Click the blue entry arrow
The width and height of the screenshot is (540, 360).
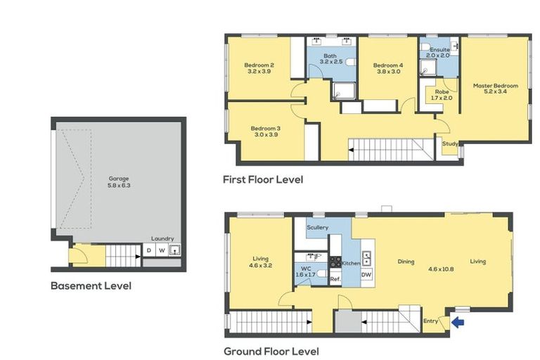458,323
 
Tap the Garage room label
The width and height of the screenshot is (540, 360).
119,179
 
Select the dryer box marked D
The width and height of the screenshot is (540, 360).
149,250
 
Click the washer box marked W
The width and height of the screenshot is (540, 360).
162,250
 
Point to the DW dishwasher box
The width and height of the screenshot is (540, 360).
366,274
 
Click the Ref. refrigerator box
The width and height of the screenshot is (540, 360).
335,279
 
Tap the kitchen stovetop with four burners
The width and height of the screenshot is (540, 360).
335,262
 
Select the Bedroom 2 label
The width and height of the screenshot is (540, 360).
259,65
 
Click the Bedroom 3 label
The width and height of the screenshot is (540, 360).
266,129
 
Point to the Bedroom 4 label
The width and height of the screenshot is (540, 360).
388,65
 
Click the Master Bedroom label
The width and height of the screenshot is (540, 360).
496,86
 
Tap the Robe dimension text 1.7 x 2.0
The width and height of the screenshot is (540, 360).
442,98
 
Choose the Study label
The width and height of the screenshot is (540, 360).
450,143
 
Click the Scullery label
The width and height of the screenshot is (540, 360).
318,227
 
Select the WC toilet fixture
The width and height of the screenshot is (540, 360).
321,274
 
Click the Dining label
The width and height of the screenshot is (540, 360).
406,262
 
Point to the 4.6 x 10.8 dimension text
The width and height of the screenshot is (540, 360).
441,269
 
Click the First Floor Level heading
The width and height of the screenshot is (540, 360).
263,179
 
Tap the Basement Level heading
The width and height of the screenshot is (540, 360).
91,285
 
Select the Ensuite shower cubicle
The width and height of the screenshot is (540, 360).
427,67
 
